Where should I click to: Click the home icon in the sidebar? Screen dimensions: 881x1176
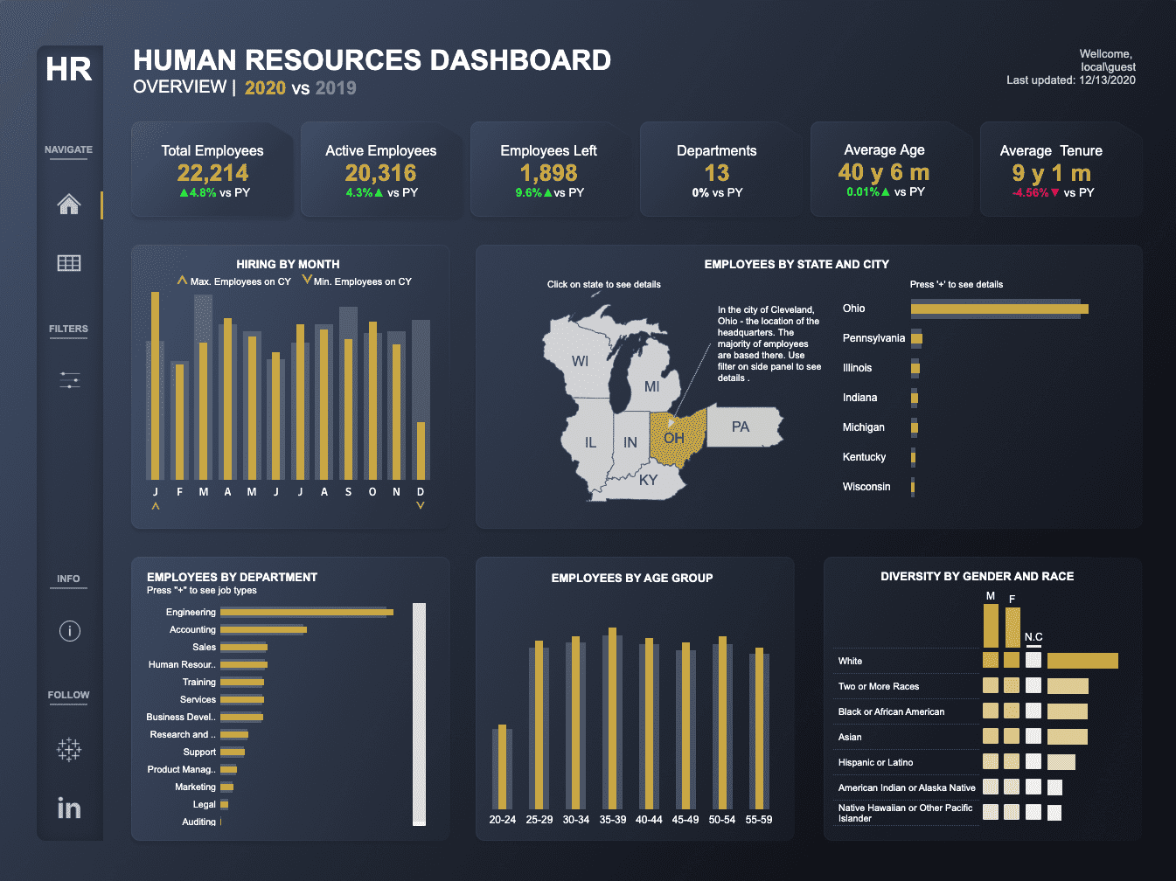pos(69,205)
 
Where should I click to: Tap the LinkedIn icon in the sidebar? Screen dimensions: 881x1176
pos(69,808)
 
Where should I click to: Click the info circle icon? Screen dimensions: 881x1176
pos(69,630)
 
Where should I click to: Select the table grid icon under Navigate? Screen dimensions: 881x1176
pos(69,263)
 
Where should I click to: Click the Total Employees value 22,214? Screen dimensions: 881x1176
pos(212,173)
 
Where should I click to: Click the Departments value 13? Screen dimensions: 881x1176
pos(716,173)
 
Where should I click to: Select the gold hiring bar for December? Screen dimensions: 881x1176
pos(421,450)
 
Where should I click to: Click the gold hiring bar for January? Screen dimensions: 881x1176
pos(156,385)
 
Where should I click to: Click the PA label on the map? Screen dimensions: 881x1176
pos(740,427)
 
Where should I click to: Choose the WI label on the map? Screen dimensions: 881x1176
pos(580,361)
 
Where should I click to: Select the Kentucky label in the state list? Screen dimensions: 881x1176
pos(864,457)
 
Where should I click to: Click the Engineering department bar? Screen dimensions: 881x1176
pos(306,612)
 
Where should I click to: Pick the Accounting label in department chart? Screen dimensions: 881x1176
pos(192,629)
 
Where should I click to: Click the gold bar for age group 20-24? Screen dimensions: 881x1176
pos(502,767)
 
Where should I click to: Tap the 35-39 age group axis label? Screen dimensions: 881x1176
pos(612,820)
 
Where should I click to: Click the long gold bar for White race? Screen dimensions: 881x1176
pos(1082,661)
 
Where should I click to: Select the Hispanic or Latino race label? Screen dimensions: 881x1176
pos(875,762)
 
